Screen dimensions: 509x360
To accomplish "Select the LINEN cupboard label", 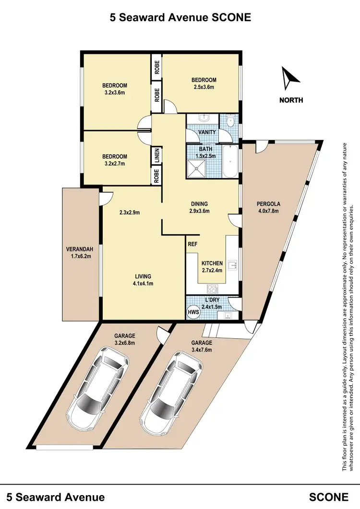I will point(156,155).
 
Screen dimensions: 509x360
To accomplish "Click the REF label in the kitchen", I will point(193,244).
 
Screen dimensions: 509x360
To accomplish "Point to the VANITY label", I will point(207,132).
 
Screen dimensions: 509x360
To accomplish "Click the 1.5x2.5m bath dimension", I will point(205,156).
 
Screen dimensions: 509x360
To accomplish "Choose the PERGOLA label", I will point(268,203).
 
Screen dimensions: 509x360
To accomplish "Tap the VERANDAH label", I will point(79,249).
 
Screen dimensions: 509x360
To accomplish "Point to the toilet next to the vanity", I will point(230,121).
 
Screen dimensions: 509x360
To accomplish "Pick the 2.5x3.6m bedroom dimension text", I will point(203,87).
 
